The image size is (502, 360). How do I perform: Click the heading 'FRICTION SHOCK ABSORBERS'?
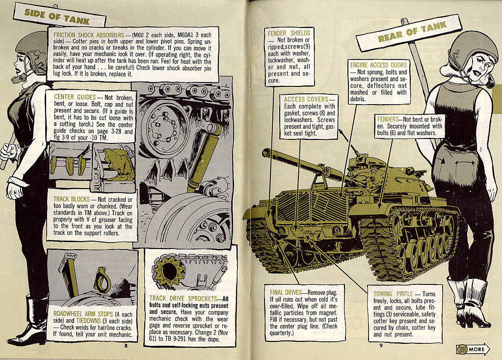click(89, 35)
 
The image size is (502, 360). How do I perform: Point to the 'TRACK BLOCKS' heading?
click(74, 199)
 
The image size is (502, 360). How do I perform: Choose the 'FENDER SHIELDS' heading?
click(289, 33)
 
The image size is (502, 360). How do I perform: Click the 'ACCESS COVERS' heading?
click(305, 99)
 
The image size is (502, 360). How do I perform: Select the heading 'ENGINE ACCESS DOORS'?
click(378, 65)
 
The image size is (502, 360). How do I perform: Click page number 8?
click(126, 345)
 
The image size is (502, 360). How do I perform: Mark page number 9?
click(380, 345)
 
